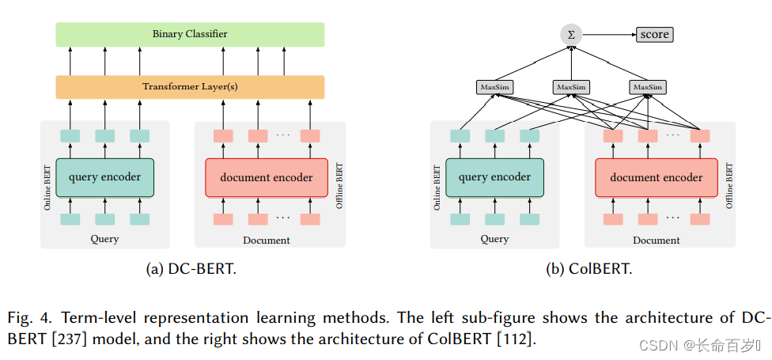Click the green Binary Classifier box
click(190, 34)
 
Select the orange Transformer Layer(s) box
click(190, 86)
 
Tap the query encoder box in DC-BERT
click(104, 176)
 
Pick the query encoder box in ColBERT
click(494, 176)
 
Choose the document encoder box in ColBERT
click(656, 177)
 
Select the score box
click(654, 34)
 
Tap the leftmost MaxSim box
click(494, 86)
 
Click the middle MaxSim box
click(571, 86)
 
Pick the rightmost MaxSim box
click(647, 86)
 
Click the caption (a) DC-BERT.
click(191, 269)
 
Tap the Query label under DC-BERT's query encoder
click(105, 239)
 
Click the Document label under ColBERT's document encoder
click(656, 240)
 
